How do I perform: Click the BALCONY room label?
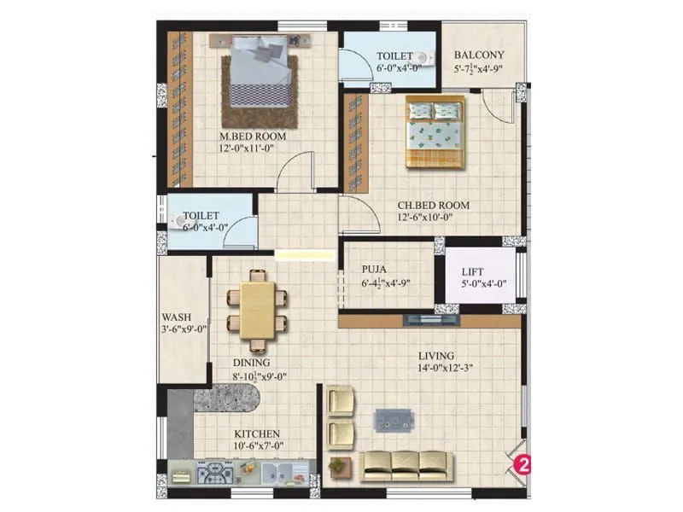coord(479,54)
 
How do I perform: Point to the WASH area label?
coord(176,314)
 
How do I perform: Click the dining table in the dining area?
coord(257,309)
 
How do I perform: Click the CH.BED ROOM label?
coord(434,205)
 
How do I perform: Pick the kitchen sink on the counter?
coord(275,471)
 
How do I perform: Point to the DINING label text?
coord(251,363)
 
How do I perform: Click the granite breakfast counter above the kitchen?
coord(228,399)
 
